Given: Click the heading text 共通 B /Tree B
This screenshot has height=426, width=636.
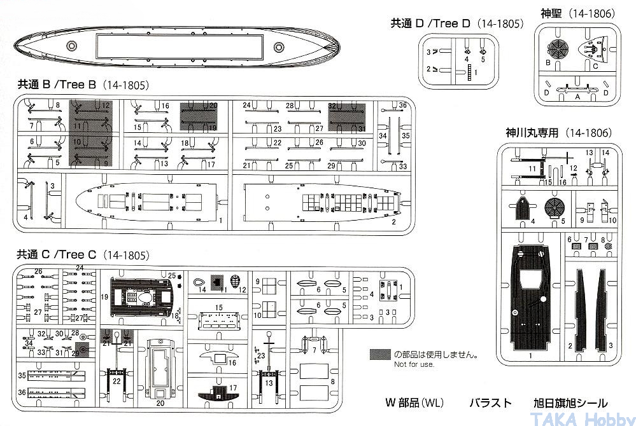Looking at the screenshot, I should tap(57, 85).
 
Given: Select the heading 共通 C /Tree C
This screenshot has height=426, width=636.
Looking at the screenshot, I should tap(57, 255).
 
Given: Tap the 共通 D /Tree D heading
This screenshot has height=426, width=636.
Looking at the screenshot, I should tap(430, 24).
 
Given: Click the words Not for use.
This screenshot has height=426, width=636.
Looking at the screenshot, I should tap(414, 364).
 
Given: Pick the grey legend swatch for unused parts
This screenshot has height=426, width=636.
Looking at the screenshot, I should tap(380, 354).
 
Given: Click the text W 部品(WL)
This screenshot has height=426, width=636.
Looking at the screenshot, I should tap(414, 403).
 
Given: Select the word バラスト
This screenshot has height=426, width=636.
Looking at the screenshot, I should tap(490, 403).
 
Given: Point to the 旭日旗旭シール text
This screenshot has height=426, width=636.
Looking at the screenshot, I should tap(570, 403).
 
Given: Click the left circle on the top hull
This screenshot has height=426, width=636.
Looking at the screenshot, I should tap(72, 46).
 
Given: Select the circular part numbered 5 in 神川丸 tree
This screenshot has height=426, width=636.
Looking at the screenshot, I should tap(555, 207).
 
